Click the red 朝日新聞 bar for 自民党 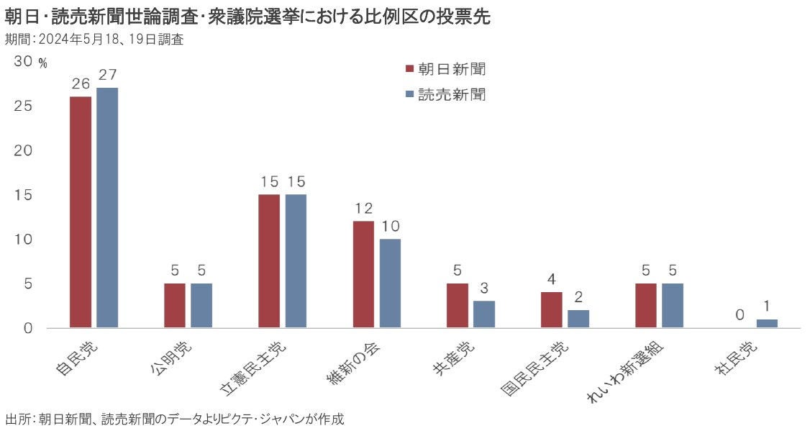(x=81, y=212)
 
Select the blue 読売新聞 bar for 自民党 (x=107, y=208)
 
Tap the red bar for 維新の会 (x=363, y=275)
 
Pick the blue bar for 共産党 (x=484, y=314)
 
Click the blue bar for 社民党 (x=767, y=324)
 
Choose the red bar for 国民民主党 (x=551, y=310)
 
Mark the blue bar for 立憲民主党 (x=296, y=261)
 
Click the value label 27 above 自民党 (x=107, y=75)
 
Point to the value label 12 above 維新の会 (x=363, y=208)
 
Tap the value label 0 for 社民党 (x=740, y=314)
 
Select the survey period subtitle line (x=94, y=40)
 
